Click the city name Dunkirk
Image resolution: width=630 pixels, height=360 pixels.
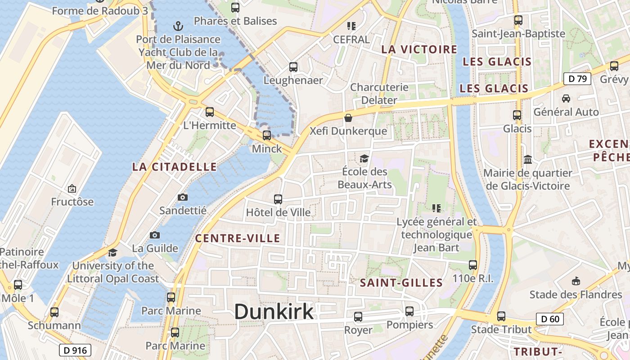(x=274, y=311)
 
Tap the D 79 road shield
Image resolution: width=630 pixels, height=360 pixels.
(x=577, y=79)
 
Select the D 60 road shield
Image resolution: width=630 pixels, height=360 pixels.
(x=550, y=319)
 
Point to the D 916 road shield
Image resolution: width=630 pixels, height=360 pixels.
(x=75, y=350)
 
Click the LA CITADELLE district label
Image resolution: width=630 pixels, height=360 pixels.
(x=175, y=167)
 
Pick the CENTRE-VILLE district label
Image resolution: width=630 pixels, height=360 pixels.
(x=238, y=238)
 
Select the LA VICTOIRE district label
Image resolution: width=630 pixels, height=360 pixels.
(x=419, y=49)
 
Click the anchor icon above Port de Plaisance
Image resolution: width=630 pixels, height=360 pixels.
(x=179, y=26)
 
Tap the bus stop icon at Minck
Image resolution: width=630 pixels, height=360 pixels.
(x=267, y=135)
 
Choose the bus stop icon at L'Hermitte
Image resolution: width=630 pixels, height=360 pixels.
(x=210, y=112)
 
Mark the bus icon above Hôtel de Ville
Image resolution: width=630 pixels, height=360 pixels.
(x=278, y=199)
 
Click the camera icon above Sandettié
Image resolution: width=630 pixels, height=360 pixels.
(x=183, y=197)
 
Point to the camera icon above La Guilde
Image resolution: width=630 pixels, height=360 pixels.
(x=155, y=235)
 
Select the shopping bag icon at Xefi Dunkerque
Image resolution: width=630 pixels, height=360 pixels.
(x=348, y=118)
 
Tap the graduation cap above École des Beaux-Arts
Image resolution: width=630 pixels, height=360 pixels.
(x=364, y=158)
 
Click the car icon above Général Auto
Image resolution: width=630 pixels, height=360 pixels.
(x=566, y=98)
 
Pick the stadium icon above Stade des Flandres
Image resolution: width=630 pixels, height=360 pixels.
(x=576, y=281)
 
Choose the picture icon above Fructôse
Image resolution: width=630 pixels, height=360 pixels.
(x=72, y=189)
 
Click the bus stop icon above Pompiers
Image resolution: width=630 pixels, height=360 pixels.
(x=409, y=311)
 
